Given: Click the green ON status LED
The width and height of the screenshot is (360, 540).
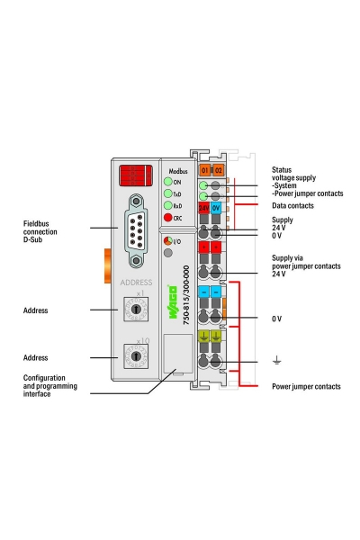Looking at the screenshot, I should [166, 182].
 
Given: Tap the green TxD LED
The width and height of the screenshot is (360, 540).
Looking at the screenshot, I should [166, 193].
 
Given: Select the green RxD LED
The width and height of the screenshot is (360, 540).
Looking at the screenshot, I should [166, 205].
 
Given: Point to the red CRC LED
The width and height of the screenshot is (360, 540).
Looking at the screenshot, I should [166, 218].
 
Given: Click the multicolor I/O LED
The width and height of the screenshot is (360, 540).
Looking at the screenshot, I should [166, 241].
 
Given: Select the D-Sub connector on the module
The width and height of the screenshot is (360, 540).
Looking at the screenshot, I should [136, 229].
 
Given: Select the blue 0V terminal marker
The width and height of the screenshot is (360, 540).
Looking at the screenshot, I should [217, 208].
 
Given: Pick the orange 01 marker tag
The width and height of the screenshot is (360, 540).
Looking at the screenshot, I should [204, 170].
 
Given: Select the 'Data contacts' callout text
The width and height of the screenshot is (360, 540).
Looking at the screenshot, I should [294, 205].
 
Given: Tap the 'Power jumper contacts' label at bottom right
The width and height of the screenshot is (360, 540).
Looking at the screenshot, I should [306, 386].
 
